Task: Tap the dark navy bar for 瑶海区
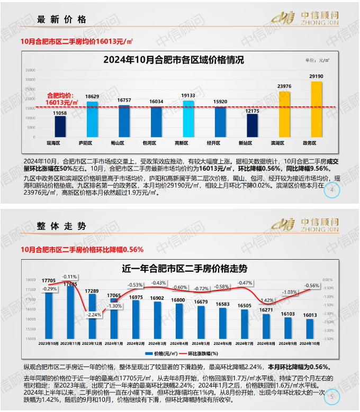coord(60,126)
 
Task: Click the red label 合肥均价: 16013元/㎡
coord(61,98)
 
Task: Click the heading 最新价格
coord(62,20)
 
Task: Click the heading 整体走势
coord(62,226)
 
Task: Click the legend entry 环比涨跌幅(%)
coord(203,353)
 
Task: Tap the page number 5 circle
coord(332,396)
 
